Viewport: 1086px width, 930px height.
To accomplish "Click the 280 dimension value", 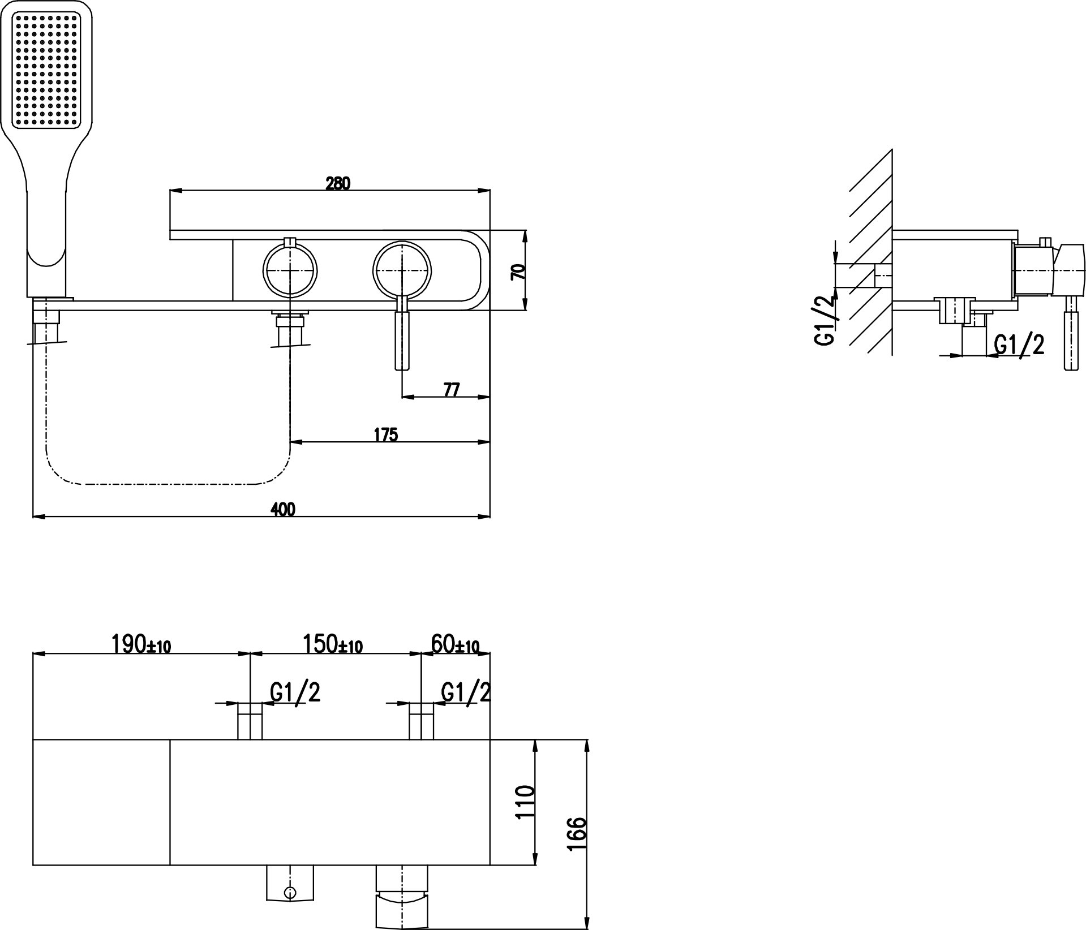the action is click(338, 183).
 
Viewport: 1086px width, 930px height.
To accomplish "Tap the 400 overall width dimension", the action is click(283, 510).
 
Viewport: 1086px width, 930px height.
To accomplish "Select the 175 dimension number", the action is click(386, 434).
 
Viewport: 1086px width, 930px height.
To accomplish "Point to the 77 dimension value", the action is click(451, 390).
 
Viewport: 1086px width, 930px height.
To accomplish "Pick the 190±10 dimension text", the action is click(141, 644).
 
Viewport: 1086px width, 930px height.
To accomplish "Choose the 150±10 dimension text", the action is click(333, 644).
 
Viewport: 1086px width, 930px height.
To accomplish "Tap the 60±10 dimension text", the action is click(455, 644).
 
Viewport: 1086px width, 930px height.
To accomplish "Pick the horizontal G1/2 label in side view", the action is click(1019, 344).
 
